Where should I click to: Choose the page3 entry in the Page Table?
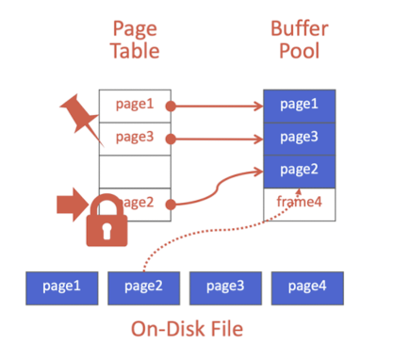point(135,138)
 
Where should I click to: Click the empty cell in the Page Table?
point(135,172)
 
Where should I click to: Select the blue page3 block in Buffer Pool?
point(299,138)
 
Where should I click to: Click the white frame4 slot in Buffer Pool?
point(299,201)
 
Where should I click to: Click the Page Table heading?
point(135,40)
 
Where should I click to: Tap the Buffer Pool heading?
point(299,40)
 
